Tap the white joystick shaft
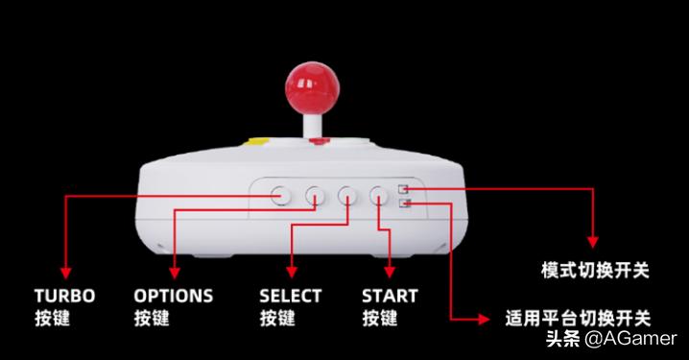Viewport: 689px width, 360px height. click(311, 129)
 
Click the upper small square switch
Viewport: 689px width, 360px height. click(404, 189)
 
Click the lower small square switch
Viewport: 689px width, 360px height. click(404, 203)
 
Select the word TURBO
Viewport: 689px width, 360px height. click(64, 296)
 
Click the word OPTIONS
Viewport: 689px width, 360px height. click(173, 296)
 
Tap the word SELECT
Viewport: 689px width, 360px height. click(291, 296)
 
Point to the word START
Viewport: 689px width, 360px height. click(390, 296)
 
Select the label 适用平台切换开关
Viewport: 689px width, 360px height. click(578, 318)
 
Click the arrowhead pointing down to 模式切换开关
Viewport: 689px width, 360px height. click(592, 242)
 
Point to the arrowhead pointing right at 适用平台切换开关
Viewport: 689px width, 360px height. click(487, 318)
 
